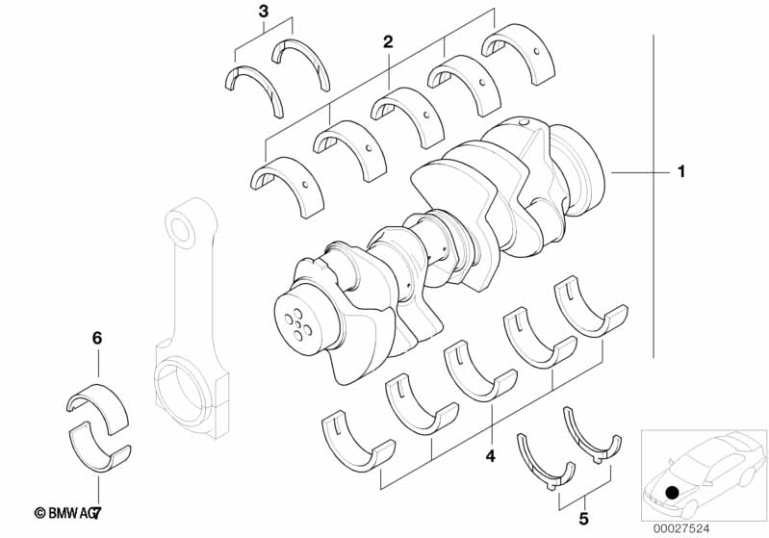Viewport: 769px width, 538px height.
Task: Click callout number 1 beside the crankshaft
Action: (681, 172)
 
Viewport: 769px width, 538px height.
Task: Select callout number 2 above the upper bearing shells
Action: (388, 42)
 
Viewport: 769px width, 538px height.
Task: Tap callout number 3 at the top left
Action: (264, 12)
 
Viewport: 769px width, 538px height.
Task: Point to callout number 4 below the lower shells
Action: (490, 455)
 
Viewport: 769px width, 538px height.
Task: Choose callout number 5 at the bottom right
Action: (583, 518)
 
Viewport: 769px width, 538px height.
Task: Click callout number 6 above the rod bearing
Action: (96, 338)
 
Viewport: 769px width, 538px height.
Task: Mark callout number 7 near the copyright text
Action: (96, 515)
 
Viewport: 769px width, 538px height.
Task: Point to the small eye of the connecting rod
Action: (181, 229)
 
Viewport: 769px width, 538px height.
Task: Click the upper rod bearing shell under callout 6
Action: (98, 399)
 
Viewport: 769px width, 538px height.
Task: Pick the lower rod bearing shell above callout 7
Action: (100, 447)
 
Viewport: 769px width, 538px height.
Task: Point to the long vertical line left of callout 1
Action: (655, 192)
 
